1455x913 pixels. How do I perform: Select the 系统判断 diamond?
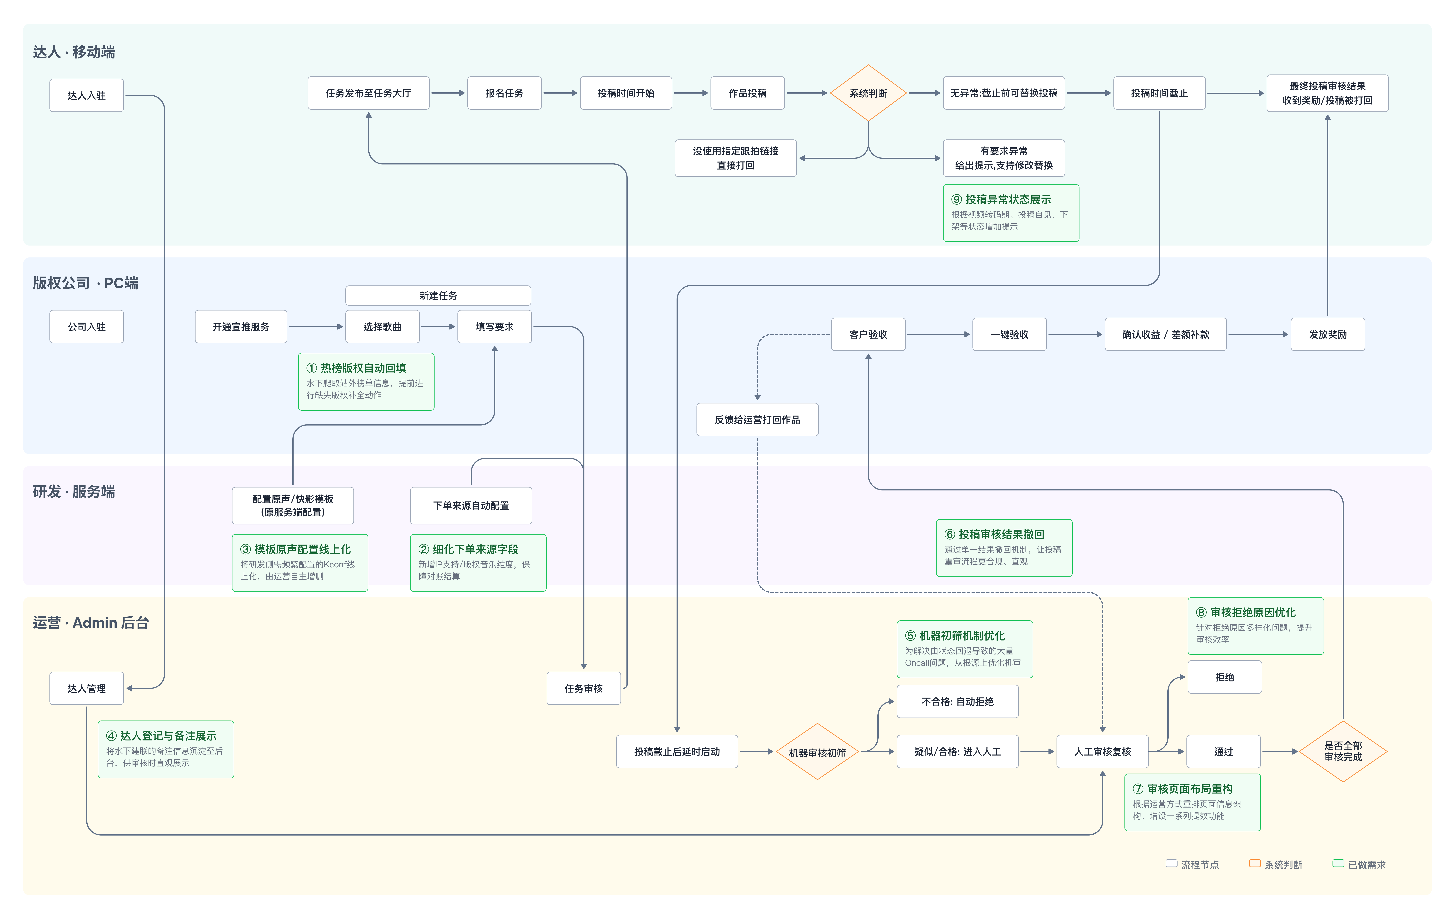868,93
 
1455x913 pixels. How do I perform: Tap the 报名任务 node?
504,93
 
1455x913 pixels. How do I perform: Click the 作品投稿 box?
747,93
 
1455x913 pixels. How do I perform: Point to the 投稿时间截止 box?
1159,93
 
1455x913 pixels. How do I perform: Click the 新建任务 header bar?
438,295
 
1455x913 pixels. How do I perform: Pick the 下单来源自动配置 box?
471,505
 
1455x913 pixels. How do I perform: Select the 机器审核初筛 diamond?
817,752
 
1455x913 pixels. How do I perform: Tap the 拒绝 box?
1224,677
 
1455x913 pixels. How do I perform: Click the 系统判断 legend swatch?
1254,864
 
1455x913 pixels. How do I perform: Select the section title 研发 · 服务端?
74,492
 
